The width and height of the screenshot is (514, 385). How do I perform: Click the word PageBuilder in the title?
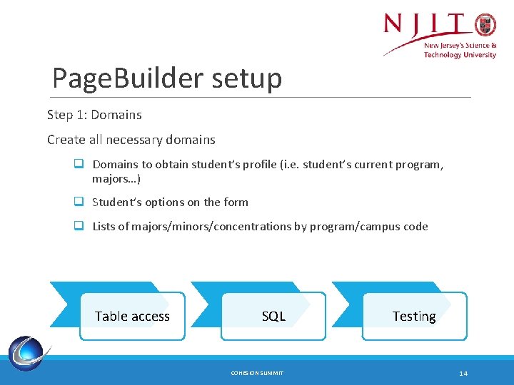point(128,78)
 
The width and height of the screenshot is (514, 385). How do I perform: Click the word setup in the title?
point(246,78)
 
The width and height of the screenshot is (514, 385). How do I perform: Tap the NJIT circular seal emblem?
point(485,24)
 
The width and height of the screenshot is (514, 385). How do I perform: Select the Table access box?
point(133,316)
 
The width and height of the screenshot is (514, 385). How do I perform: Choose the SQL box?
point(273,316)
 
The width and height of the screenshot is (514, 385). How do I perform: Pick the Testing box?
point(414,316)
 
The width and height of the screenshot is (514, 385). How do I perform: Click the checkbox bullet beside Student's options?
point(79,201)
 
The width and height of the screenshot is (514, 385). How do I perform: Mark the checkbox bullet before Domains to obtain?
point(79,163)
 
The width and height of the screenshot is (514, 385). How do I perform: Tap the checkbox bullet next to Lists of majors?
point(79,225)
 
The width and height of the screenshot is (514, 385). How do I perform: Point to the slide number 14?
point(463,373)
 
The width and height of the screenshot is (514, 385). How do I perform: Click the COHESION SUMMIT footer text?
point(257,373)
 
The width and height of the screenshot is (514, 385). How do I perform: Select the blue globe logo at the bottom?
point(27,353)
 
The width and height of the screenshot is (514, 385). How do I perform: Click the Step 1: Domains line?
point(94,115)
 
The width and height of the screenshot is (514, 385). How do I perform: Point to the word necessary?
point(133,140)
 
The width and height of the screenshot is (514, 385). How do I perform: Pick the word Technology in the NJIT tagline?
point(442,54)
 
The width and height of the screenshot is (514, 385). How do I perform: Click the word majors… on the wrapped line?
point(116,179)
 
